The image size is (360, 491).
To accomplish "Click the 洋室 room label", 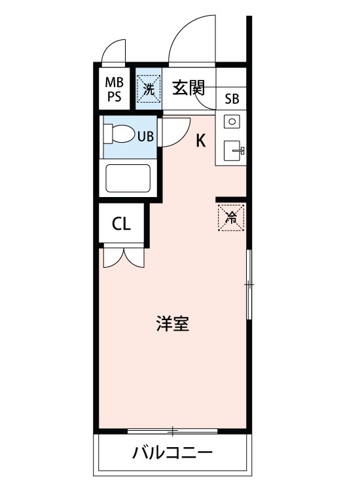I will click(173, 324).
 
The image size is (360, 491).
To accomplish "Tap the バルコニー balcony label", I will click(173, 453).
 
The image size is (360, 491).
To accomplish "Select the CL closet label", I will click(122, 224).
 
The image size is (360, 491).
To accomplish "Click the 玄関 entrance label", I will click(189, 88).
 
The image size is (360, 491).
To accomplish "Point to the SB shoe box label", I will click(232, 100).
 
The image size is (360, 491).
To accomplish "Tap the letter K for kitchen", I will click(202, 140).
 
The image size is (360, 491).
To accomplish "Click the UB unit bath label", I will click(145, 136).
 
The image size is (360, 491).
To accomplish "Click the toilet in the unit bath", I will click(118, 135).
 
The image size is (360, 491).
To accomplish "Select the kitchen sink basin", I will click(232, 151).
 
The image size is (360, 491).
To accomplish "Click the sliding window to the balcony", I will click(172, 431).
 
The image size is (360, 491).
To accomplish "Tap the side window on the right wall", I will click(248, 284).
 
